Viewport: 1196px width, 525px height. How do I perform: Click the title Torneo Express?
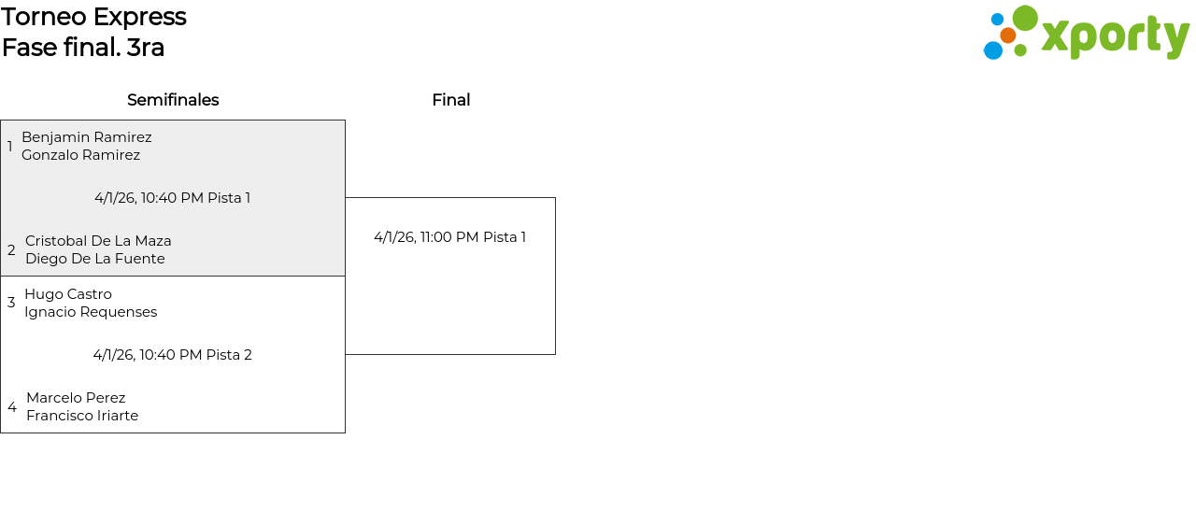(93, 17)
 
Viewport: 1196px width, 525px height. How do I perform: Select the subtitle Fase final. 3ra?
(83, 48)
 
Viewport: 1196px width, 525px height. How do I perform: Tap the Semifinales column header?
(173, 100)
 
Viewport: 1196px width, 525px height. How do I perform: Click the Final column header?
(450, 100)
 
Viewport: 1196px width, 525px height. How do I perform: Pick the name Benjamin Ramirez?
(86, 137)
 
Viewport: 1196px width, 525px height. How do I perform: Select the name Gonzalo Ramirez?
(80, 155)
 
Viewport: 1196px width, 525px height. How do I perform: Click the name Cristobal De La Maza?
(98, 241)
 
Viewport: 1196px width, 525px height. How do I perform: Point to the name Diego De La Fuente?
(94, 259)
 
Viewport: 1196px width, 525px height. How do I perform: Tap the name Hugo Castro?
(68, 294)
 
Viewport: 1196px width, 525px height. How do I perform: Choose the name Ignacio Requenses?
(91, 312)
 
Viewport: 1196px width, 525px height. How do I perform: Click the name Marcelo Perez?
(76, 398)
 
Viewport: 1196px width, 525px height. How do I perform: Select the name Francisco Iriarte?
(82, 416)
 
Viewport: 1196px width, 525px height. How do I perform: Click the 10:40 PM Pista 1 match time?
(172, 198)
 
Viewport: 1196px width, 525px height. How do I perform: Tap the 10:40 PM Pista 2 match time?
(172, 355)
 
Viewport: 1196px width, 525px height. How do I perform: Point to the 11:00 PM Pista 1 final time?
(449, 237)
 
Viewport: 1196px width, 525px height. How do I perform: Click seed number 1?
(9, 147)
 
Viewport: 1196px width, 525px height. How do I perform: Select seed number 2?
(11, 250)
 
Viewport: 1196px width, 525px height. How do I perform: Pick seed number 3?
(11, 303)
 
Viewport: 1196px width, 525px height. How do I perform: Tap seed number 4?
(11, 407)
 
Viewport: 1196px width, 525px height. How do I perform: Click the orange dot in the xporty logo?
(1007, 35)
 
